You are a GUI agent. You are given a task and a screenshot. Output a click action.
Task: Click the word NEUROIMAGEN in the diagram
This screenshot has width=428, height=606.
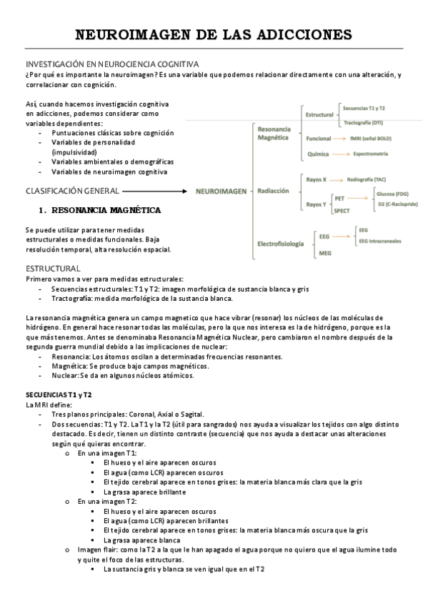(220, 192)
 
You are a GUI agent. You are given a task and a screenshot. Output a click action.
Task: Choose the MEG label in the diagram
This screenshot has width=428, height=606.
(324, 254)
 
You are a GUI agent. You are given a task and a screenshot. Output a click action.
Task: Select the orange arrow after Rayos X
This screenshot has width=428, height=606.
(335, 179)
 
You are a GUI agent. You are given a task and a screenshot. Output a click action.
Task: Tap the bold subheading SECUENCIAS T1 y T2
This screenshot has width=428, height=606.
(58, 394)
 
